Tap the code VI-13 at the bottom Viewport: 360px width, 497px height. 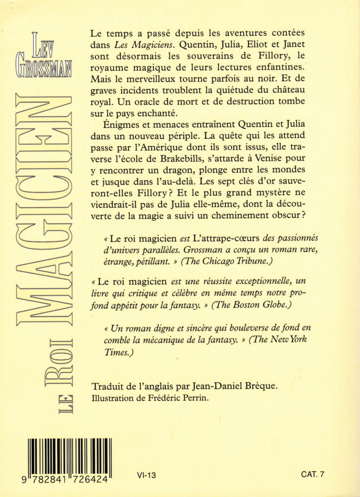click(146, 475)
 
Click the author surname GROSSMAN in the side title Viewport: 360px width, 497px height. click(52, 69)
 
